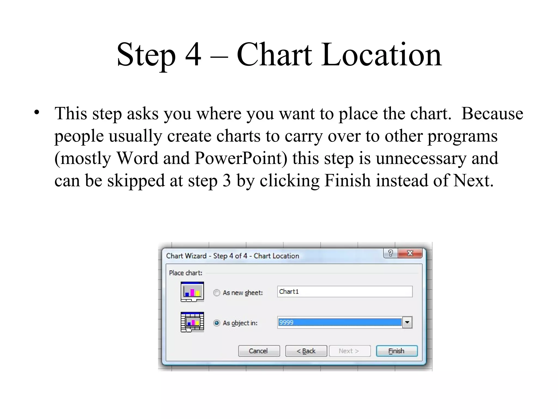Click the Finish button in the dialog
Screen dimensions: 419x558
pyautogui.click(x=396, y=351)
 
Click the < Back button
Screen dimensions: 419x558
pyautogui.click(x=306, y=351)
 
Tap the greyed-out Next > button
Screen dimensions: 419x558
pyautogui.click(x=350, y=351)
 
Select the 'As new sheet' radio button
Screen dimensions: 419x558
pyautogui.click(x=217, y=293)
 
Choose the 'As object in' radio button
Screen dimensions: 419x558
pyautogui.click(x=217, y=323)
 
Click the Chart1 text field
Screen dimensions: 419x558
pyautogui.click(x=345, y=292)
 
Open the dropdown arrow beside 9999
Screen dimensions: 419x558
pyautogui.click(x=407, y=322)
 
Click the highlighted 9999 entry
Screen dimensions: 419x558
pyautogui.click(x=339, y=322)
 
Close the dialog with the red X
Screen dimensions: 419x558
pyautogui.click(x=410, y=253)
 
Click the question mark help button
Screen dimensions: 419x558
pyautogui.click(x=390, y=253)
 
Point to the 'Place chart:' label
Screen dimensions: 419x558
pyautogui.click(x=186, y=273)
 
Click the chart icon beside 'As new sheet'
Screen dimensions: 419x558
pyautogui.click(x=192, y=292)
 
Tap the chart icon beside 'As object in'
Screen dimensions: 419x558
pyautogui.click(x=192, y=322)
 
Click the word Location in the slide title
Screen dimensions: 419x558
pyautogui.click(x=381, y=55)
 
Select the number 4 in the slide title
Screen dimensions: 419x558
pyautogui.click(x=193, y=55)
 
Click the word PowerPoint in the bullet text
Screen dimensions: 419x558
pyautogui.click(x=241, y=158)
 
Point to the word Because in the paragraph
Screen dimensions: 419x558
pyautogui.click(x=492, y=113)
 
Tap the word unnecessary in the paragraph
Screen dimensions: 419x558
pyautogui.click(x=421, y=158)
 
